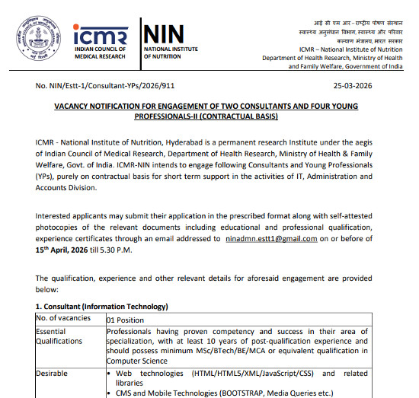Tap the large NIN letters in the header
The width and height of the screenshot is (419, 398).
163,33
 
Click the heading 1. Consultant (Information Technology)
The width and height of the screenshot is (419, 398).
101,306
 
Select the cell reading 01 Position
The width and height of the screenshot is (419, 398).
126,320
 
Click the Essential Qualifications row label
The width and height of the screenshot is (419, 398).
62,336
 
